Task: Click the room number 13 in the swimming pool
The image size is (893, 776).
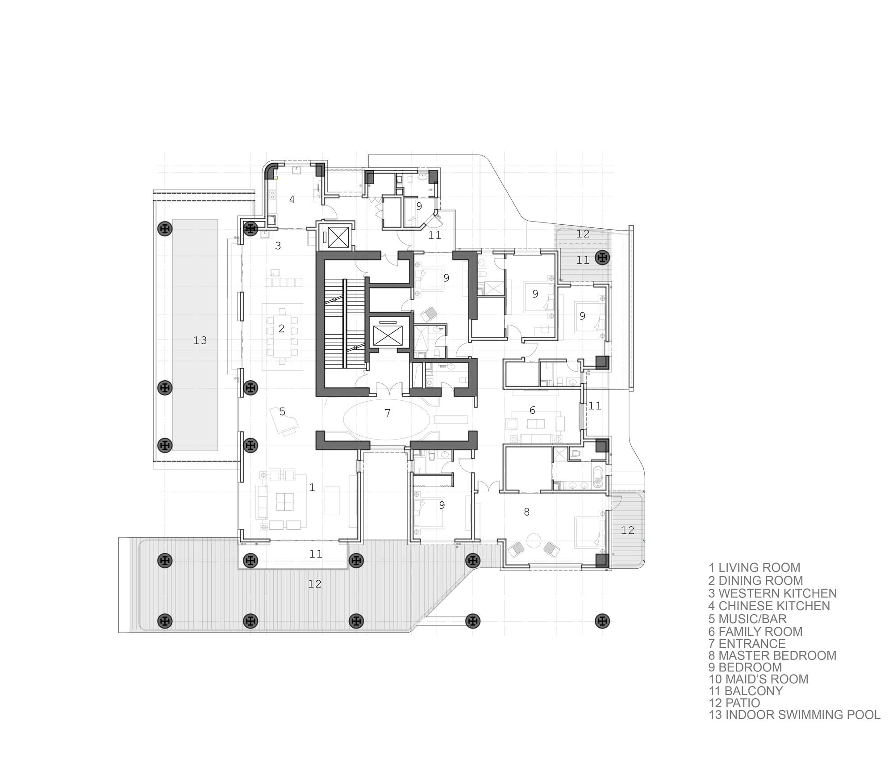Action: click(200, 340)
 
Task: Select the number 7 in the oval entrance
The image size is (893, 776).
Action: click(388, 413)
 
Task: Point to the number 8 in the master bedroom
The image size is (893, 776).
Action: click(527, 512)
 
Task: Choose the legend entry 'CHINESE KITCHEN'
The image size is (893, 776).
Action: click(774, 606)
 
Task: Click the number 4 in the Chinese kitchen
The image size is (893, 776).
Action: click(292, 200)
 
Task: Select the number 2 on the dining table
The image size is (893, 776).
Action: click(281, 329)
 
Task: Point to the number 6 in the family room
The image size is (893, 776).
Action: click(532, 410)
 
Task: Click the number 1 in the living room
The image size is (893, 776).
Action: click(312, 487)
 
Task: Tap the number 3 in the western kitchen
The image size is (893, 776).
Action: click(278, 246)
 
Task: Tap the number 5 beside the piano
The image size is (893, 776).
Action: click(282, 411)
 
